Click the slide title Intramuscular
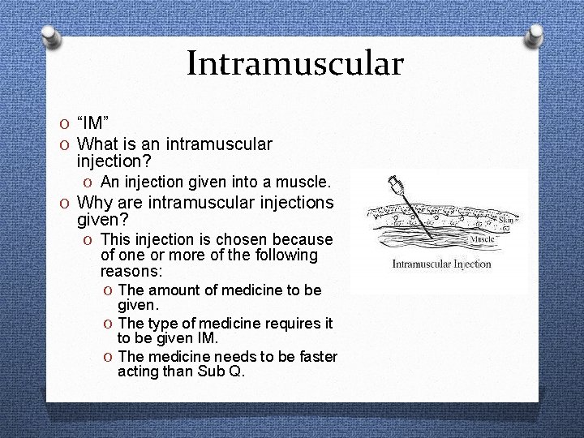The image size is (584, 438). click(x=294, y=63)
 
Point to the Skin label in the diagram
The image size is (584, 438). click(x=505, y=220)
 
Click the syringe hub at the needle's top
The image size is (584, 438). click(x=396, y=183)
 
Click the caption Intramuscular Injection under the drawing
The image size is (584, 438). click(x=441, y=264)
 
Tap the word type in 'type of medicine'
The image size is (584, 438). click(x=162, y=324)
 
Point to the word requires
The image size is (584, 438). click(x=294, y=324)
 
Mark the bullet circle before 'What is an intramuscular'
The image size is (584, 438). click(x=66, y=145)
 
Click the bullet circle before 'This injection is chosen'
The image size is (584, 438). click(x=87, y=240)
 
